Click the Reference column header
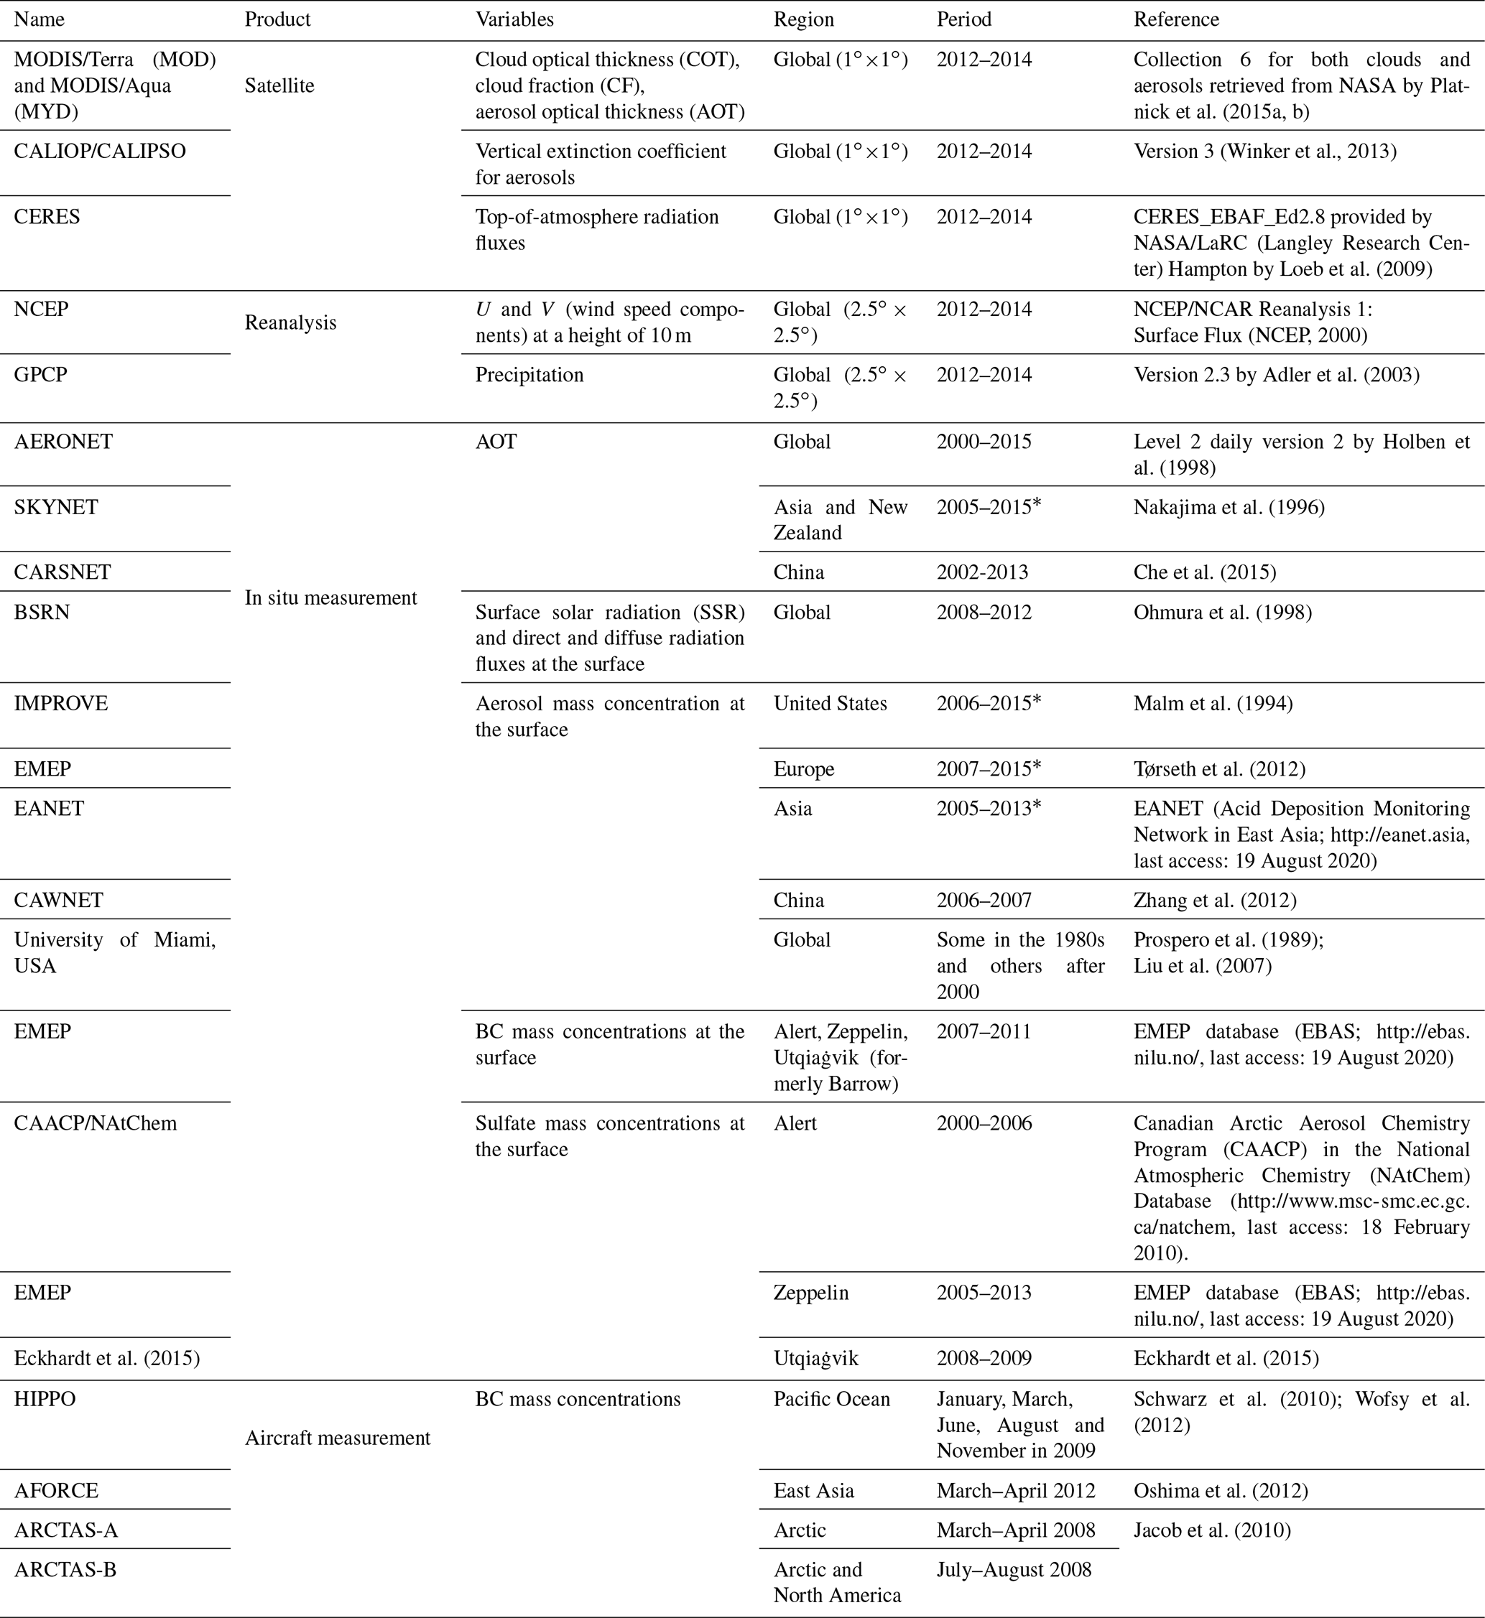[x=1175, y=19]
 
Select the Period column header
[x=963, y=19]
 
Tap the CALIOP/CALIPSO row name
[x=100, y=151]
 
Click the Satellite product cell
[x=279, y=85]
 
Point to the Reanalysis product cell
[x=290, y=322]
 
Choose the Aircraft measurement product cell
[x=338, y=1437]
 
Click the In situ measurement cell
[x=330, y=598]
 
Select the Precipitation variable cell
[x=529, y=375]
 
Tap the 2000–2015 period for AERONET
[x=984, y=442]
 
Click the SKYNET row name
[x=56, y=507]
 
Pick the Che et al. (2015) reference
[x=1205, y=572]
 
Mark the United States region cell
[x=830, y=704]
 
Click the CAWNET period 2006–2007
[x=984, y=900]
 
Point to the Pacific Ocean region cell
[x=832, y=1399]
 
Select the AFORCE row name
[x=56, y=1490]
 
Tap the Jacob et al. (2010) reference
[x=1212, y=1530]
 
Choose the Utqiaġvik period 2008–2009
[x=984, y=1358]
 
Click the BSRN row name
[x=42, y=612]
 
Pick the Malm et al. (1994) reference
[x=1213, y=704]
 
